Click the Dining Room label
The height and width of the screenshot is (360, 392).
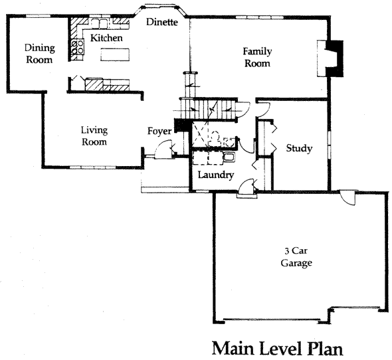pos(39,54)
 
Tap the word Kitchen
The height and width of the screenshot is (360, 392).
pos(106,38)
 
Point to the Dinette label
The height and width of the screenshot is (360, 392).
pos(162,22)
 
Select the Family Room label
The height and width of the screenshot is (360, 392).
pos(257,57)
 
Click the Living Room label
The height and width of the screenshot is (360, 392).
pos(94,136)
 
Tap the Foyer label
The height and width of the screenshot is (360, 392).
pos(159,132)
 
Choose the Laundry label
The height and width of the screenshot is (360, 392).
pos(216,175)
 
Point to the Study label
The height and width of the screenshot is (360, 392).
pos(299,148)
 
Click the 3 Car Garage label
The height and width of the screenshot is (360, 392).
pos(296,257)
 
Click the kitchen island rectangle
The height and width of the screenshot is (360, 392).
pos(115,54)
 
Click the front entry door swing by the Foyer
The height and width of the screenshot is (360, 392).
pos(163,149)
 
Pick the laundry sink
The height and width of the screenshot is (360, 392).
pos(229,157)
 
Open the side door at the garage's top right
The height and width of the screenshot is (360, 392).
pos(347,197)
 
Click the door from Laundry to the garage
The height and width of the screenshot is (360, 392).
pos(247,187)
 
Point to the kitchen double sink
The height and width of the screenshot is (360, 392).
pos(100,23)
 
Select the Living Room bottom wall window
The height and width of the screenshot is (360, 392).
pos(92,167)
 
